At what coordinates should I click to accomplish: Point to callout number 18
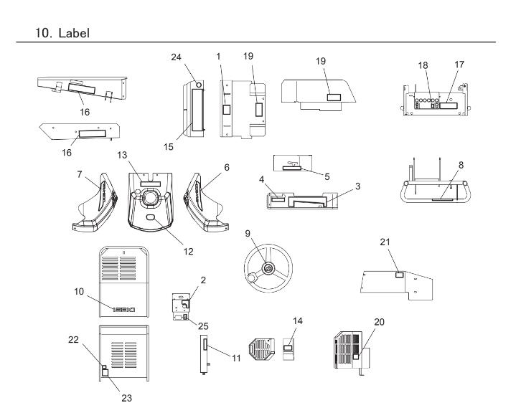click(x=421, y=65)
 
